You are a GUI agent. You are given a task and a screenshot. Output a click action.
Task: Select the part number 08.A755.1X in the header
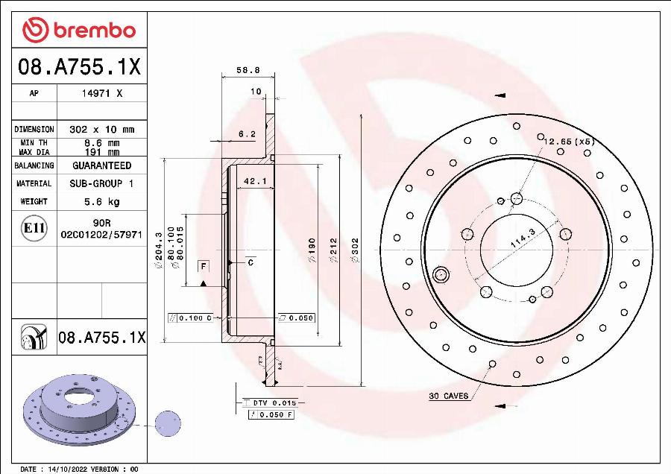click(x=79, y=68)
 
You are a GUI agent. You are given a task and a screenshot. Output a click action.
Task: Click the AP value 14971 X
click(x=101, y=94)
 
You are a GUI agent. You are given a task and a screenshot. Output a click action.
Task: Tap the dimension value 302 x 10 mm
click(x=101, y=129)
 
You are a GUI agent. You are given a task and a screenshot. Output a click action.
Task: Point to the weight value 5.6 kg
click(x=101, y=201)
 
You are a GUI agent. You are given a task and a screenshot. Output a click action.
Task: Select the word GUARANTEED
click(x=101, y=165)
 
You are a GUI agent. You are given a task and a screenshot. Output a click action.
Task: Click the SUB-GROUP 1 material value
click(x=101, y=183)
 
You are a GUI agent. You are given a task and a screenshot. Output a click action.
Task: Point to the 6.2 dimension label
click(x=247, y=134)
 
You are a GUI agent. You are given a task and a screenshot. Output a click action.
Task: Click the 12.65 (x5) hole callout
click(x=568, y=141)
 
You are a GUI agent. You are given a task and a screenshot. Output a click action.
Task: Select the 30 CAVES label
click(x=449, y=396)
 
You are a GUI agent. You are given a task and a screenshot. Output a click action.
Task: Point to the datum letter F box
click(x=202, y=265)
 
